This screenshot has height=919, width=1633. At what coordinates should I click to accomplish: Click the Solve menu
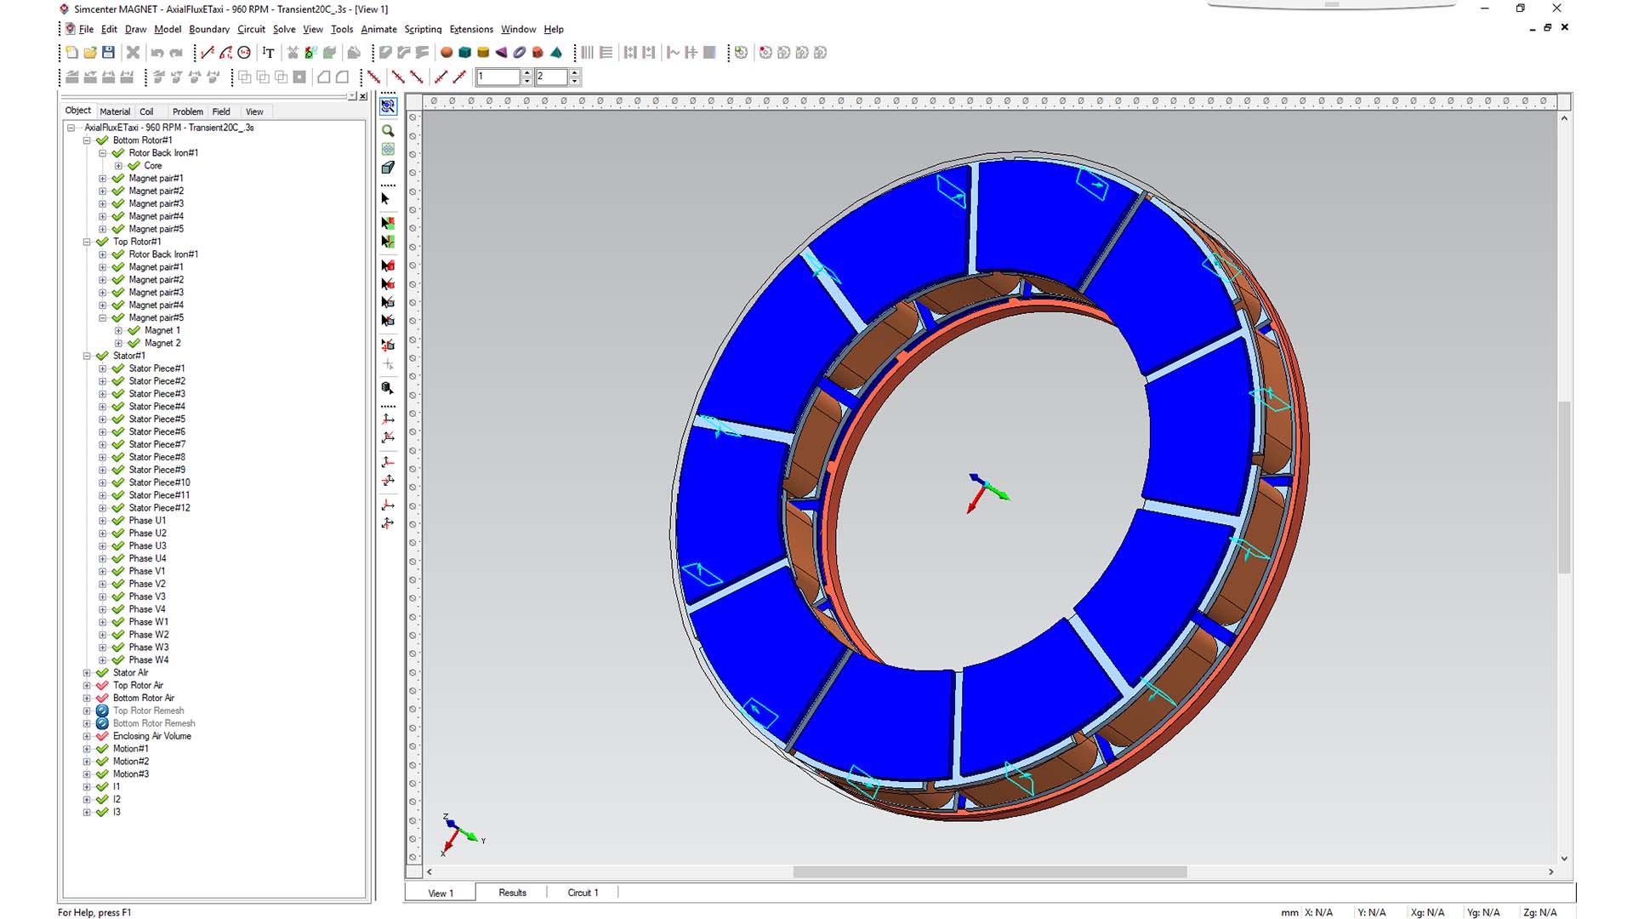pos(284,29)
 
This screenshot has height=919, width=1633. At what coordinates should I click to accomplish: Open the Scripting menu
pos(423,29)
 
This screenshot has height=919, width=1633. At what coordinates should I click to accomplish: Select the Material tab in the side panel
pos(115,111)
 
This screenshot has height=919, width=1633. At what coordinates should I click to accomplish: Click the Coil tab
pos(146,111)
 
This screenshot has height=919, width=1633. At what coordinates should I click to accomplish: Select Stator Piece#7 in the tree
pos(156,444)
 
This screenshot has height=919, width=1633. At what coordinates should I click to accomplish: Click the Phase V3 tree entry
pos(147,596)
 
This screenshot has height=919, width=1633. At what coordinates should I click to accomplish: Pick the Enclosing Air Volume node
pos(151,736)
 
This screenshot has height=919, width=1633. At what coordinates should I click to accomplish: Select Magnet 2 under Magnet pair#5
pos(162,343)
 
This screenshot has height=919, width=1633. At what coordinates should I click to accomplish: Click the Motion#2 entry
pos(130,762)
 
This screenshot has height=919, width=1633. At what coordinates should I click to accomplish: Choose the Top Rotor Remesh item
pos(148,711)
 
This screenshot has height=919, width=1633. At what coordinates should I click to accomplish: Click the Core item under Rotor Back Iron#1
pos(152,166)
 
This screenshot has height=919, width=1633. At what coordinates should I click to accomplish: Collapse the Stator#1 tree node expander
pos(87,356)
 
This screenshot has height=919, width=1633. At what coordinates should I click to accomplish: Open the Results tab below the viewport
pos(512,893)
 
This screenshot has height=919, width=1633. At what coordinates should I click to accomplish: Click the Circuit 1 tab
pos(583,893)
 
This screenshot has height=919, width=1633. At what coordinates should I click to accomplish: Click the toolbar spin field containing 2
pos(551,77)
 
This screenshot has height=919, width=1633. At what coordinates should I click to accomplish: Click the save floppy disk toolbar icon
pos(108,53)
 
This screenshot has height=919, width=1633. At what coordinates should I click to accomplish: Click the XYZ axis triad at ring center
pos(985,492)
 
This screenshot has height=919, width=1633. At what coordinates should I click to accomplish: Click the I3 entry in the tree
pos(117,812)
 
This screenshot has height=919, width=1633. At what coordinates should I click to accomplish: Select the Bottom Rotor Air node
pos(143,698)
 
